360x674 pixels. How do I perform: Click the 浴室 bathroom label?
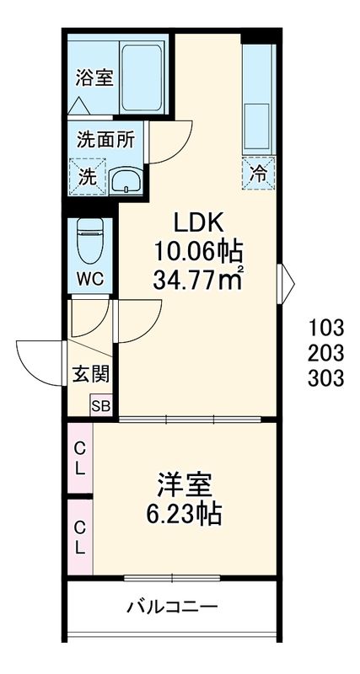(x=94, y=78)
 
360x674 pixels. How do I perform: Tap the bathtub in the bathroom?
(x=142, y=78)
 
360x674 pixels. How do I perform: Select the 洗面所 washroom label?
(x=105, y=140)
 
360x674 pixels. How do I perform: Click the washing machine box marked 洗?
(x=88, y=177)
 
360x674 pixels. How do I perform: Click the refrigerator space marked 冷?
(x=258, y=174)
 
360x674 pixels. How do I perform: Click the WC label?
(x=90, y=280)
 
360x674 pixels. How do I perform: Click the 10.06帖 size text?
(x=199, y=251)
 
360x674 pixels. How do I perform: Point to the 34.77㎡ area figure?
(x=198, y=281)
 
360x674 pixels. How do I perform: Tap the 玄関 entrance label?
(x=90, y=375)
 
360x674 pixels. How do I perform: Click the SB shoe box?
(x=101, y=405)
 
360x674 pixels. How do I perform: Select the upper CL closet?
(x=80, y=457)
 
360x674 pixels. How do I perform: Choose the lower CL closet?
(x=80, y=537)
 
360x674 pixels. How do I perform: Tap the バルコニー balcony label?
(x=173, y=607)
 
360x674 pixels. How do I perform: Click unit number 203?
(x=326, y=353)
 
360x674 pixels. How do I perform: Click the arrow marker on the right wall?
(x=287, y=284)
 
